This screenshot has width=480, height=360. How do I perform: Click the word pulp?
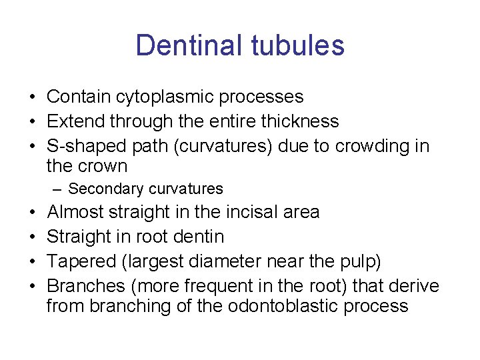pos(361,261)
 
